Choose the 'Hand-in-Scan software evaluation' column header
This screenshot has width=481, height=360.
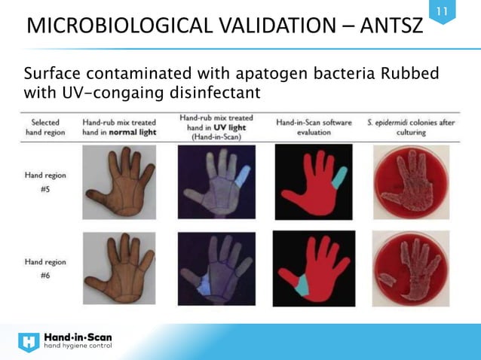[x=309, y=127]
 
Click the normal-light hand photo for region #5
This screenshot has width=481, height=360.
[x=120, y=181]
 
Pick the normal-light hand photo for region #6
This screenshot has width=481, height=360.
[x=120, y=268]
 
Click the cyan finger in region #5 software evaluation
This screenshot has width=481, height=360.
[x=339, y=177]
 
